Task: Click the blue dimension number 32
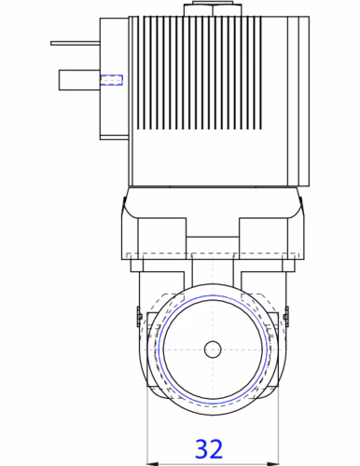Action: tap(209, 448)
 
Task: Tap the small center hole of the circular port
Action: tap(213, 349)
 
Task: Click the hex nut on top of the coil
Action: tap(213, 9)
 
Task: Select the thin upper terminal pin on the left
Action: tap(76, 43)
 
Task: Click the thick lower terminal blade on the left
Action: tap(79, 80)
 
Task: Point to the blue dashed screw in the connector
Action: tap(111, 80)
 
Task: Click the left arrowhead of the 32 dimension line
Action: tap(152, 464)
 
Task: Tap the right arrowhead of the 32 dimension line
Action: tap(273, 464)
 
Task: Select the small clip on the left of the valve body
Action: tap(139, 316)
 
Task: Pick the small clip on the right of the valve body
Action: tap(286, 316)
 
